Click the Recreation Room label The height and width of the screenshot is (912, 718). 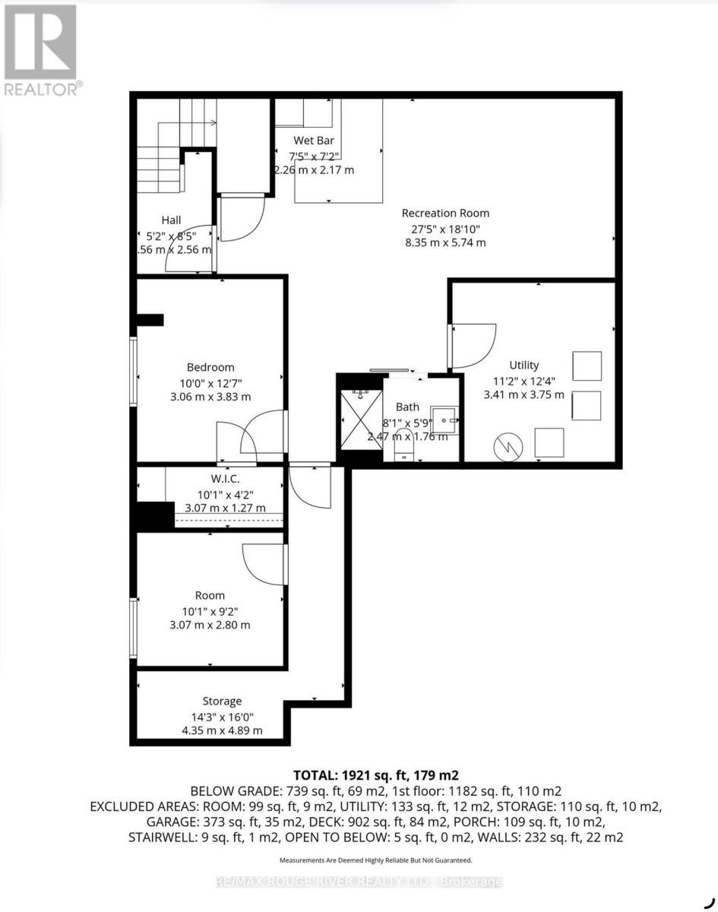coord(445,214)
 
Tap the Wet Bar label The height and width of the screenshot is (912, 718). coord(314,141)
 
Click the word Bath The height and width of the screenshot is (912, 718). coord(407,407)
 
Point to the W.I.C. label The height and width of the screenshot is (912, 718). coord(226,479)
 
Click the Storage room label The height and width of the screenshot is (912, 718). coord(222,701)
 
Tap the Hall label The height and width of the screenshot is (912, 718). coord(171,220)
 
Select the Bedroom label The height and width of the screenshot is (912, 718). coord(210,367)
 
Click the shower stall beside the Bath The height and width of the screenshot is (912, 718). coord(359,418)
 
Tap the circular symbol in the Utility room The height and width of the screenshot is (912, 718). coord(505,447)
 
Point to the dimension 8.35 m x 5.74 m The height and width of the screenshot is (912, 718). coord(445,243)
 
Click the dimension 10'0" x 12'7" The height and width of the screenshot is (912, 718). coord(210,382)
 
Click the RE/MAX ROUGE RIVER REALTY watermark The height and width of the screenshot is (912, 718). coord(359,882)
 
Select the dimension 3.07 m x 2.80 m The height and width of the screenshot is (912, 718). coord(210,625)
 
